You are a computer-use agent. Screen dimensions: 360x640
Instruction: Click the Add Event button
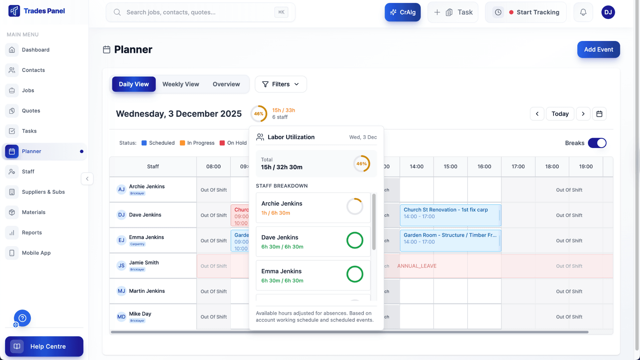point(598,49)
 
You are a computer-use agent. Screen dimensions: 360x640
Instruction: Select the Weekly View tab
point(181,84)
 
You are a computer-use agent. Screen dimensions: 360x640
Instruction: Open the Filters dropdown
point(281,84)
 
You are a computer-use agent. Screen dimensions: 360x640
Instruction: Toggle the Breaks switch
point(597,143)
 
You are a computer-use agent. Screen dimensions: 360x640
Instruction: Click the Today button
point(560,114)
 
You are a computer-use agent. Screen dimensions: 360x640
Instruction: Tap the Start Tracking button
point(526,12)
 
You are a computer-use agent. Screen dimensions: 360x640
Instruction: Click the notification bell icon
point(583,12)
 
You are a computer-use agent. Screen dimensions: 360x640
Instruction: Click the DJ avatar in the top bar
point(608,12)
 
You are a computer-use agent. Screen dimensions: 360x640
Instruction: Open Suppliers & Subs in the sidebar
point(43,192)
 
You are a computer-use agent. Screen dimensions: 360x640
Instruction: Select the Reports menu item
point(32,233)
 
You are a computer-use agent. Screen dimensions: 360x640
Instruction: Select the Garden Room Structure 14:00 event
point(450,239)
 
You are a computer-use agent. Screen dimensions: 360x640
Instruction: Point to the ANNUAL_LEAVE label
point(417,266)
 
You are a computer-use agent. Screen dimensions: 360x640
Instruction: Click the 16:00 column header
point(484,166)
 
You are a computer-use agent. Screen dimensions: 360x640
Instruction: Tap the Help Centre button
point(44,346)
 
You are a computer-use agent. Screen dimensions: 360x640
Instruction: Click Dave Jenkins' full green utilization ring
point(355,240)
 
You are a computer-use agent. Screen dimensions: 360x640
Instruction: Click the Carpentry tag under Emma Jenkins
point(137,244)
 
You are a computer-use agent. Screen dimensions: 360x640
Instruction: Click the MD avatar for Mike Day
point(121,317)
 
